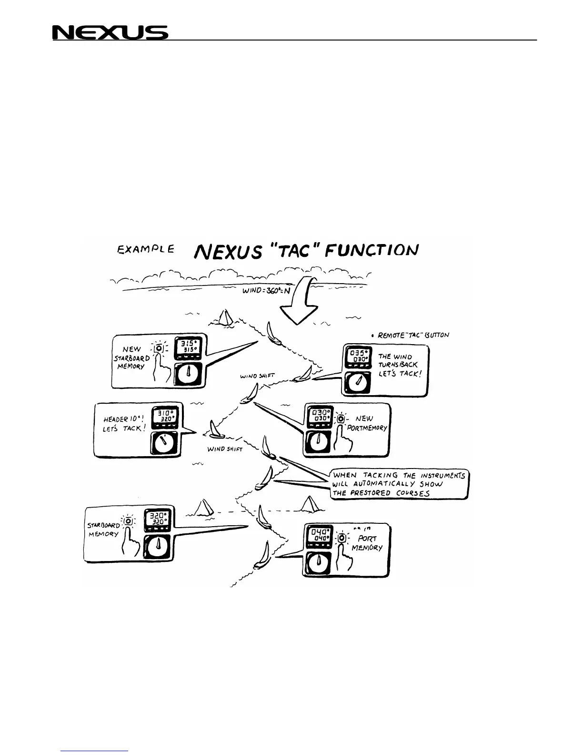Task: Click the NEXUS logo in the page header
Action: tap(110, 32)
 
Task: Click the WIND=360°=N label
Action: tap(266, 290)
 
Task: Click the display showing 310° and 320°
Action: tap(163, 418)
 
